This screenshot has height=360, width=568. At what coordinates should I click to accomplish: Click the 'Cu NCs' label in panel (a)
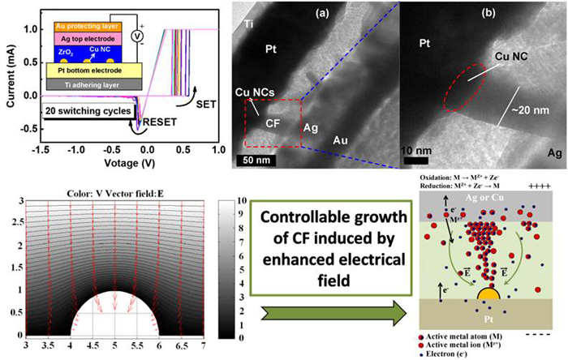(x=251, y=91)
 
